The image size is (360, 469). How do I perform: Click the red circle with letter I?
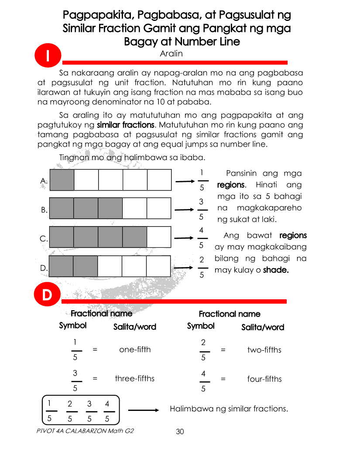click(x=47, y=57)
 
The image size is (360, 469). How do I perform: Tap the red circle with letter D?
click(x=47, y=295)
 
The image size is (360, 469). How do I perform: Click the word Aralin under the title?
click(x=171, y=54)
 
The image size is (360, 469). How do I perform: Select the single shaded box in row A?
click(x=62, y=180)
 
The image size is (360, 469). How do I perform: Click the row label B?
click(x=44, y=209)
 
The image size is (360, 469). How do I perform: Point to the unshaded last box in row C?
click(x=158, y=237)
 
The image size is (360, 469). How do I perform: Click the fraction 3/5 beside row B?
click(x=201, y=209)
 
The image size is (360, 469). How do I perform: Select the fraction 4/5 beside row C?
click(x=201, y=238)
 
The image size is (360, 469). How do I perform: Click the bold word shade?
click(x=276, y=270)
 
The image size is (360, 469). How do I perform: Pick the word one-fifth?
click(x=135, y=349)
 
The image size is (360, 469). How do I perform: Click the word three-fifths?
click(x=134, y=378)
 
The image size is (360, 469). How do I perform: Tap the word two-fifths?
click(x=264, y=349)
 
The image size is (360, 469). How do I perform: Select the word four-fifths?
click(x=264, y=379)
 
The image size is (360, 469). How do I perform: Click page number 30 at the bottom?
click(x=180, y=431)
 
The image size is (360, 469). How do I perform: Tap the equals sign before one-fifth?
click(x=95, y=349)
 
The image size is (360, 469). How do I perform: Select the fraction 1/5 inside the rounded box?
click(x=50, y=411)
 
